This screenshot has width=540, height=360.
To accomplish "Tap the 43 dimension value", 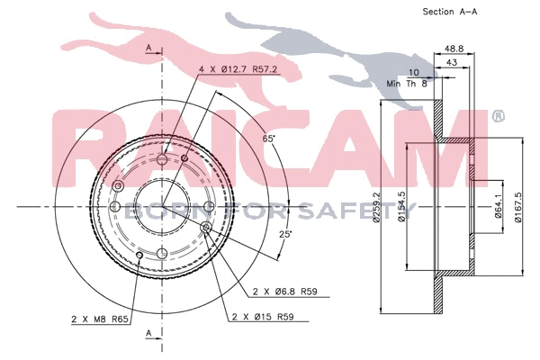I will (x=453, y=62).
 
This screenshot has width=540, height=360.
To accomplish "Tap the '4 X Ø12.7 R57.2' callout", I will (x=236, y=68).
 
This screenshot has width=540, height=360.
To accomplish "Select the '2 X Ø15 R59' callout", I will (x=262, y=317).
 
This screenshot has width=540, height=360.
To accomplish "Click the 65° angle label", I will (x=268, y=139).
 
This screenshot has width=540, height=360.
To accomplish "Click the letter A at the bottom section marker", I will (x=148, y=333).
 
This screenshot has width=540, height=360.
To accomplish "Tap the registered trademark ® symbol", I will (x=499, y=116).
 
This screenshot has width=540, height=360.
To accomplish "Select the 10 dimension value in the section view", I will (x=414, y=72).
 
